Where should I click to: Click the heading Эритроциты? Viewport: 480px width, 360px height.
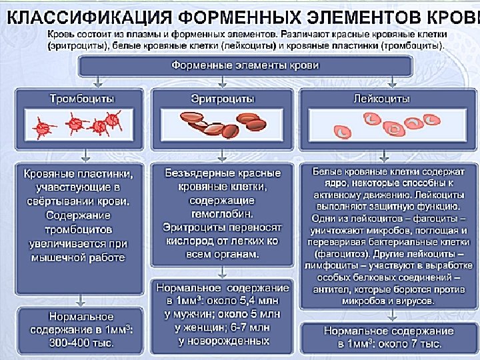(x=223, y=99)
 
